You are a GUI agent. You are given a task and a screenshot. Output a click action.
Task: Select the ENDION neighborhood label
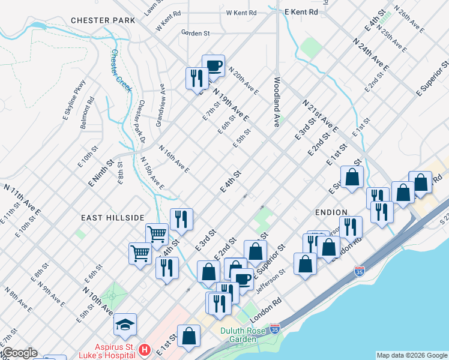pyautogui.click(x=331, y=212)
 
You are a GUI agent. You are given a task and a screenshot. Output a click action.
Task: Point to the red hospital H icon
pyautogui.click(x=144, y=349)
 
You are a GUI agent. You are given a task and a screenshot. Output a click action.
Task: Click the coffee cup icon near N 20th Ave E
pyautogui.click(x=213, y=65)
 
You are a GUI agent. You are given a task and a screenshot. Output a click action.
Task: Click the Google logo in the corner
pyautogui.click(x=19, y=353)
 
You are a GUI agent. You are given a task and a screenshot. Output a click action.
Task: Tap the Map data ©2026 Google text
pyautogui.click(x=411, y=355)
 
